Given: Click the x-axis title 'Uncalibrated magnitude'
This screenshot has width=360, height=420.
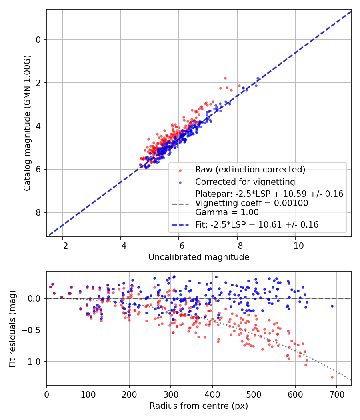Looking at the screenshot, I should pos(199,257).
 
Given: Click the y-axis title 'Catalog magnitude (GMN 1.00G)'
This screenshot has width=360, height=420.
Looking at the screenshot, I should pos(27,123).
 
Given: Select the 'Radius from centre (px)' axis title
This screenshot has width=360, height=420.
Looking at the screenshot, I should pos(199,406).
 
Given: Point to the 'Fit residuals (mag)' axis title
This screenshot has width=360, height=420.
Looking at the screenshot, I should pos(12,328).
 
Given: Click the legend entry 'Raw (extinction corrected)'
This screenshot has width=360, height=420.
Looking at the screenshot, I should pos(250,169).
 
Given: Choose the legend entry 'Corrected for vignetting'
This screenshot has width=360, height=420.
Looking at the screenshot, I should pos(245,182).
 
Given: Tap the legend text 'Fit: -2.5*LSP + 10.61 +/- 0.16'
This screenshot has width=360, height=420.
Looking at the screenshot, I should pos(257,225).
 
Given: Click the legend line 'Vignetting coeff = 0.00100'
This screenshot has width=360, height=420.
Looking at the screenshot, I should pos(252,203).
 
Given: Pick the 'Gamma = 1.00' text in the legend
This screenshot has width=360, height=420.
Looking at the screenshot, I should pos(227,212).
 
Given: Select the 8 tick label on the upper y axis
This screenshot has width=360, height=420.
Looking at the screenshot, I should pos(38,212).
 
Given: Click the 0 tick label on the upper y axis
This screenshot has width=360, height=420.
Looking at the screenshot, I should pos(38,40).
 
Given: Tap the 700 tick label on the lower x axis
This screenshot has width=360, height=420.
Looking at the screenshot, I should pos(336,394).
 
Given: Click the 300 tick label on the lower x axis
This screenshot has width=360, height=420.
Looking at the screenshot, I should pos(171,394).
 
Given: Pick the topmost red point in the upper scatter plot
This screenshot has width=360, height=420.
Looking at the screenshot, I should pos(225,78).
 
